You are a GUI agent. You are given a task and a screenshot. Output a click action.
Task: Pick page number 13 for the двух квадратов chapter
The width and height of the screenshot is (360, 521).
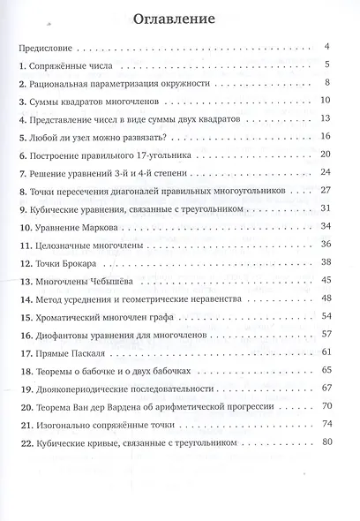click(x=325, y=118)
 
